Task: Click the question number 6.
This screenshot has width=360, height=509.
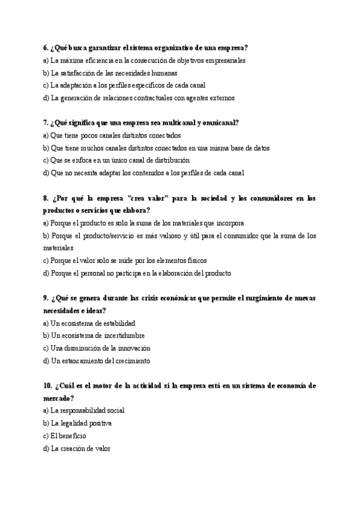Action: click(46, 47)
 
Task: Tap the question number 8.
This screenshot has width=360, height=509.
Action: click(46, 198)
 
